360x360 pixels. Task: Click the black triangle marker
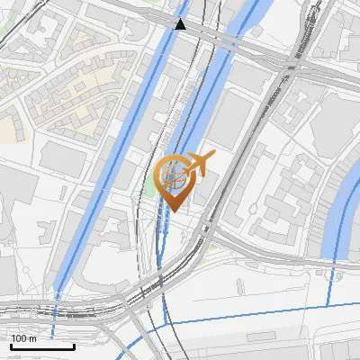point(181,23)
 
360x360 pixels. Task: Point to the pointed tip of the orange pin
point(173,211)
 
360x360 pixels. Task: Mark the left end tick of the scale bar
point(10,345)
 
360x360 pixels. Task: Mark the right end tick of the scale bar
point(75,345)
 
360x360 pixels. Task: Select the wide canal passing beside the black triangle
point(162,63)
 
